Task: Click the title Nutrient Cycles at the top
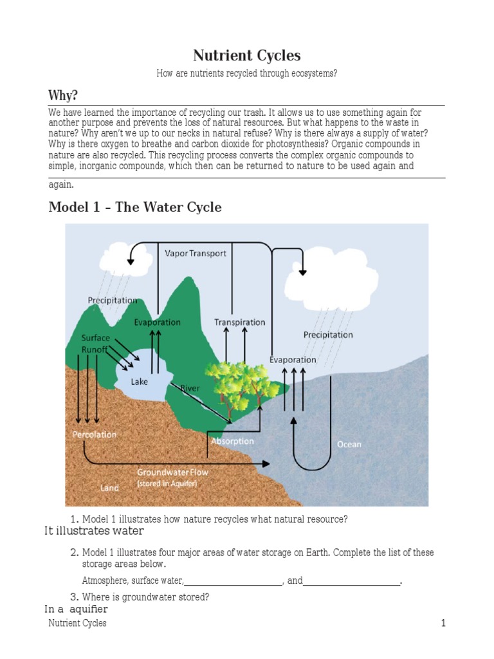[x=247, y=55]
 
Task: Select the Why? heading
[x=64, y=95]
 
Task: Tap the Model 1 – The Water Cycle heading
[x=135, y=207]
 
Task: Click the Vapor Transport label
[x=196, y=253]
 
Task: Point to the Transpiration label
[x=239, y=322]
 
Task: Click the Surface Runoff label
[x=95, y=344]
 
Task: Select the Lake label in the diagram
[x=140, y=382]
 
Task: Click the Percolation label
[x=95, y=434]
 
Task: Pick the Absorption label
[x=232, y=441]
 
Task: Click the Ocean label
[x=349, y=444]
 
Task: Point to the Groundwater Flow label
[x=172, y=472]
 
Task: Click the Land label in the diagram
[x=109, y=488]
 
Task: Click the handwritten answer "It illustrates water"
[x=94, y=531]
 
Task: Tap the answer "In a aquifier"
[x=76, y=609]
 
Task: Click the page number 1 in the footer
[x=443, y=623]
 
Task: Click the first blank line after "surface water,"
[x=233, y=581]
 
